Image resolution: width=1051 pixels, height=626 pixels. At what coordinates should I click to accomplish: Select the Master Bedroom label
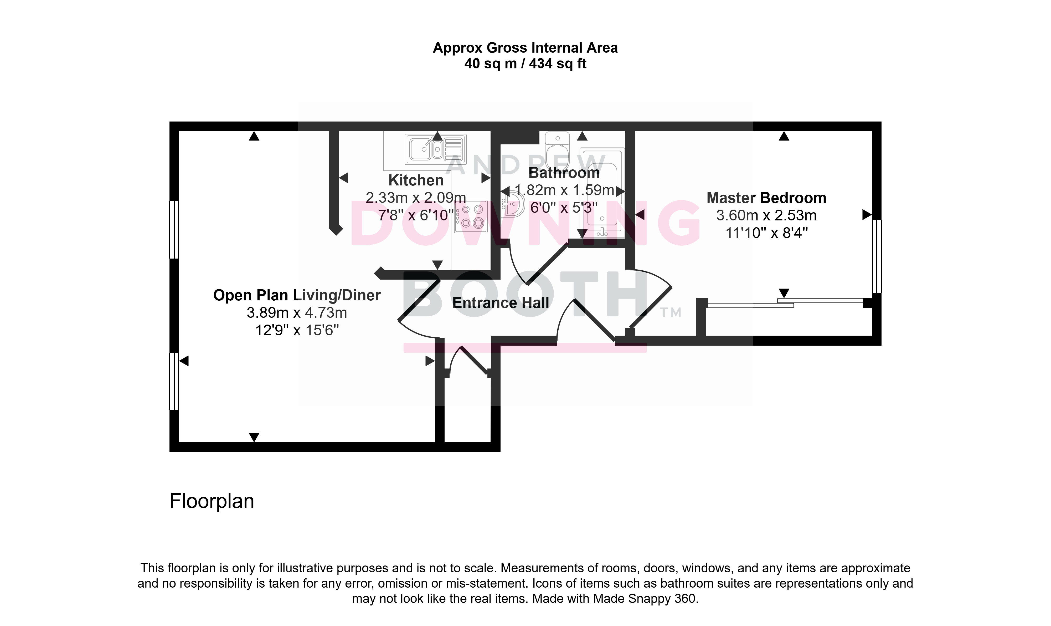click(766, 198)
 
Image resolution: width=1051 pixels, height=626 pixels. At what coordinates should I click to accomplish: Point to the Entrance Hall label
click(501, 303)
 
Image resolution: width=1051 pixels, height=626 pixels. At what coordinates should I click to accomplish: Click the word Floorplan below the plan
click(212, 501)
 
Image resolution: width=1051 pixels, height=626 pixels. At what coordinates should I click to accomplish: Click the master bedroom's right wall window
click(877, 256)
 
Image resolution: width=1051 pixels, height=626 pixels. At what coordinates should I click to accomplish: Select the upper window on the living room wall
click(174, 229)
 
